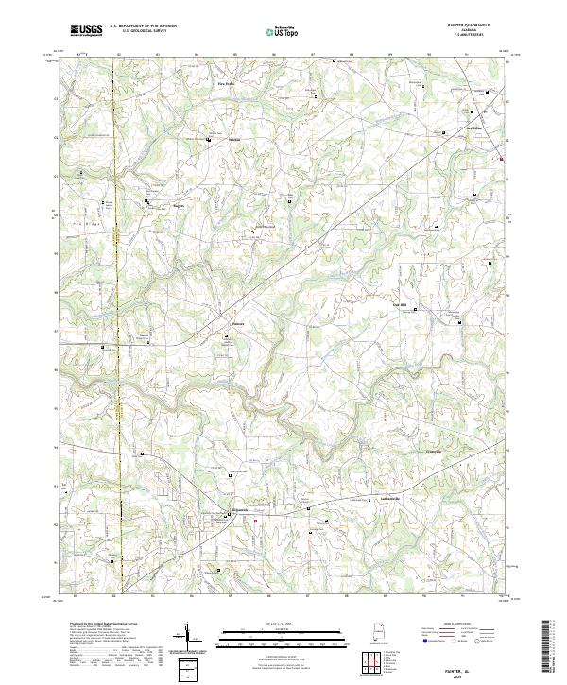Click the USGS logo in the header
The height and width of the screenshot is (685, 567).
click(87, 30)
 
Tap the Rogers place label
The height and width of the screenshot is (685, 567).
click(177, 204)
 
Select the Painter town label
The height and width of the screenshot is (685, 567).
click(239, 321)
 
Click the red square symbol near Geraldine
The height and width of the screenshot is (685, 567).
click(502, 159)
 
